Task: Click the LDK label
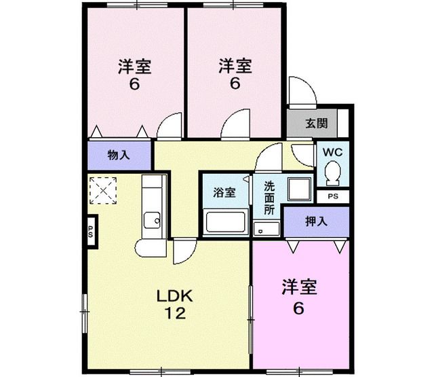[x=176, y=295]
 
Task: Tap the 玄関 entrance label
[x=316, y=124]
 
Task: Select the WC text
[x=332, y=151]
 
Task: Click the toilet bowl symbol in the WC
[x=332, y=174]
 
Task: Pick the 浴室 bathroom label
[x=224, y=192]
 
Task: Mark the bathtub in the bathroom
[x=225, y=223]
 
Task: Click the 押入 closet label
[x=316, y=220]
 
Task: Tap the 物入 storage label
[x=119, y=155]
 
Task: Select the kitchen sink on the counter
[x=153, y=219]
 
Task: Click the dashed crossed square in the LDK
[x=103, y=190]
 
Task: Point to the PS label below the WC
[x=332, y=196]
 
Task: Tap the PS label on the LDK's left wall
[x=91, y=228]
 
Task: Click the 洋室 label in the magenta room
[x=298, y=287]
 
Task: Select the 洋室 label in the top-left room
[x=134, y=67]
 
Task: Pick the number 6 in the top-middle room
[x=235, y=84]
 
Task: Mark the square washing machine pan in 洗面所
[x=297, y=190]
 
